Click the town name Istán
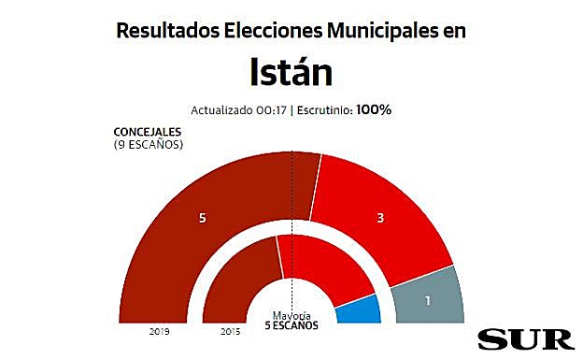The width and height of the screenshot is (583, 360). (x=291, y=72)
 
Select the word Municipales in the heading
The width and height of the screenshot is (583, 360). (x=382, y=30)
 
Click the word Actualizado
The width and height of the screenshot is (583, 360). (x=222, y=110)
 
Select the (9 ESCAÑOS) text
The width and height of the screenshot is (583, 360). (x=148, y=145)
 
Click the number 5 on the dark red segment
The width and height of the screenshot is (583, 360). (x=202, y=218)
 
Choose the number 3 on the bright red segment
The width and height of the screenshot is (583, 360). (x=380, y=218)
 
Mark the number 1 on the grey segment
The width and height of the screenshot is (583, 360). (x=427, y=300)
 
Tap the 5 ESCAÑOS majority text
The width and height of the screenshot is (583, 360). (x=291, y=325)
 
